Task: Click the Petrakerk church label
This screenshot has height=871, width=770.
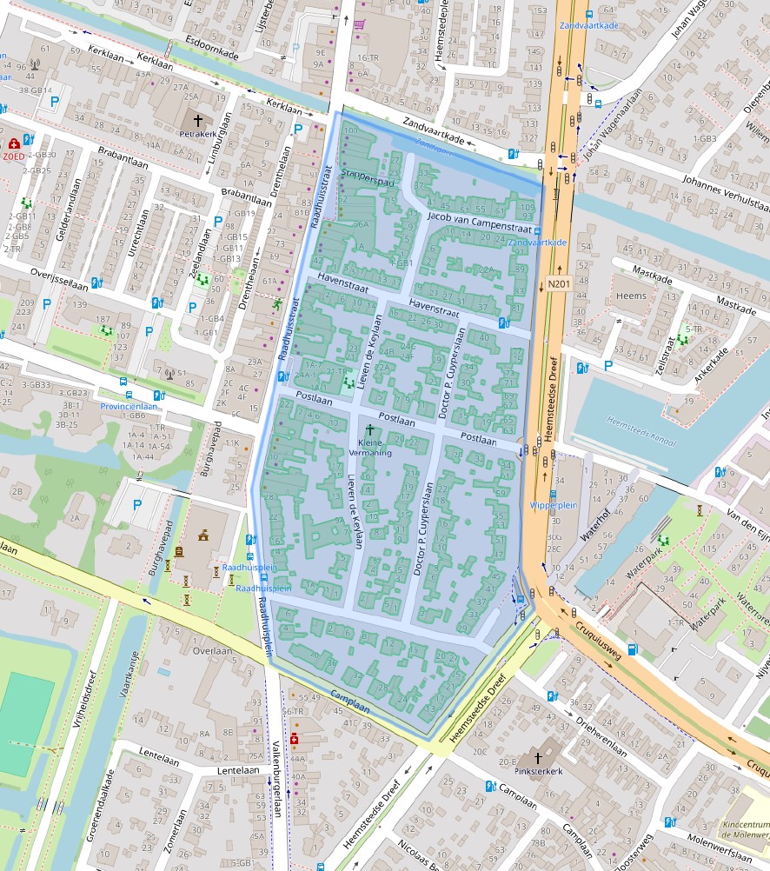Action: coord(196,135)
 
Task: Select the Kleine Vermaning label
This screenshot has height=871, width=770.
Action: coord(371,448)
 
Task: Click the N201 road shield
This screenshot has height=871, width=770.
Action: coord(557,283)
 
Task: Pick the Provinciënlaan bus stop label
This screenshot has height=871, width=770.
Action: coord(129,406)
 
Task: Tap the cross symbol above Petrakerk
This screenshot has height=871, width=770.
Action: coord(197,120)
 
